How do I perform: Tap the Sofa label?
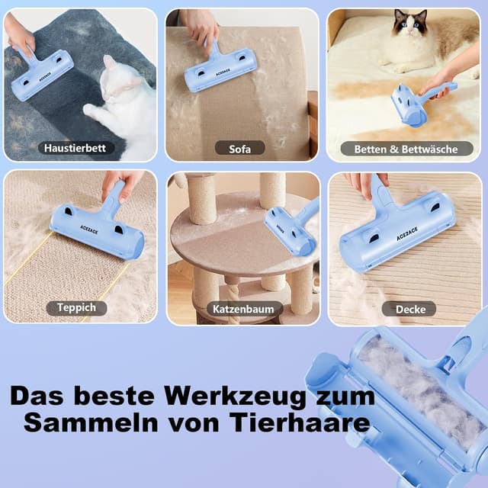239,148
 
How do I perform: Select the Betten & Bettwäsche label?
405,149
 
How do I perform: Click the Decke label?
409,309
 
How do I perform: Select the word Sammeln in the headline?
73,422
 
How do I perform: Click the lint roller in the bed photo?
416,102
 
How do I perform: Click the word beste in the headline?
125,397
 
